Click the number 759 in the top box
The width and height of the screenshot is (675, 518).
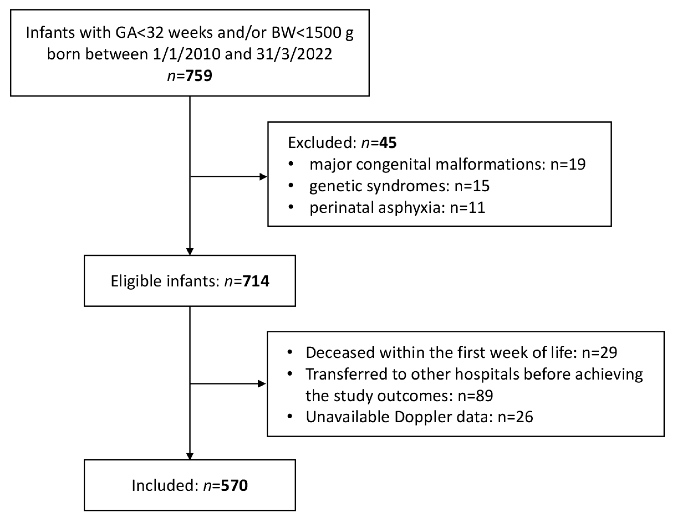coord(199,76)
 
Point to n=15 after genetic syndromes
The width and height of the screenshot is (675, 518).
coord(472,186)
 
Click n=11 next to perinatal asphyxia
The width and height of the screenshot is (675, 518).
coord(467,207)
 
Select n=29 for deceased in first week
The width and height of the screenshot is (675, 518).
coord(599,352)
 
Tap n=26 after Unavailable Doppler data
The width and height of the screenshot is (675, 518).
coord(515,417)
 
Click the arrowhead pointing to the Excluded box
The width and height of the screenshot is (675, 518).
coord(264,177)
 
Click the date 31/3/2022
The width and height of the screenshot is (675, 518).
coord(294,54)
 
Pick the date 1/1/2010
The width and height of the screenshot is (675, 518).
coord(187,54)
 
